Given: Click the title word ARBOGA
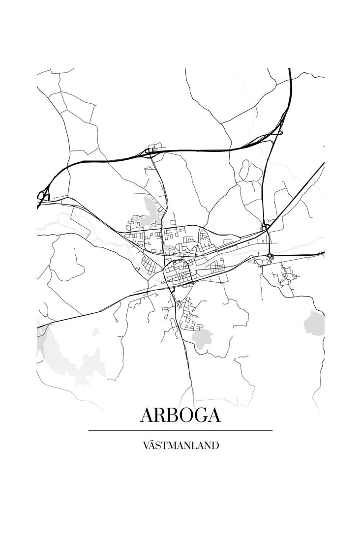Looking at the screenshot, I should coord(180,415).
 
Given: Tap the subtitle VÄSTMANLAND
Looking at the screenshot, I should coord(180,446).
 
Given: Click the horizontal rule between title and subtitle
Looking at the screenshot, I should coord(180,430).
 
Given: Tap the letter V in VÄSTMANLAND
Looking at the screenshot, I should coord(145,446).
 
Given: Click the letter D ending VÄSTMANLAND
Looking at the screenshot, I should coord(215,446).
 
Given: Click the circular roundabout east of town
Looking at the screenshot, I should coord(270,255).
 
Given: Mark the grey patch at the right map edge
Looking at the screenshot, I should coord(315,324).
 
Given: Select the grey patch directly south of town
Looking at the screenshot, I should coord(202,338).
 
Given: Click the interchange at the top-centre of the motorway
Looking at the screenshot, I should coord(152,149).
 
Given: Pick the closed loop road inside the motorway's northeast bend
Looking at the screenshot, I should coord(250,172).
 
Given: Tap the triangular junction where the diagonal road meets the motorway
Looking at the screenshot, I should coord(266,226).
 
